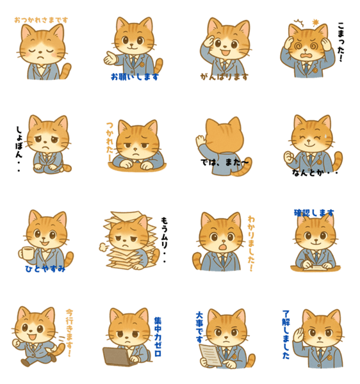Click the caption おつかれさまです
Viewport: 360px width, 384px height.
[41, 20]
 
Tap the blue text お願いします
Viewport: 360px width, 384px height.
[135, 77]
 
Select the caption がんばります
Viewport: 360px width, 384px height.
[224, 77]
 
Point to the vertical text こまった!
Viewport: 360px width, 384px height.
[341, 42]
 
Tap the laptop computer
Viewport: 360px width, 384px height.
[118, 356]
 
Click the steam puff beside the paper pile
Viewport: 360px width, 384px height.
[104, 247]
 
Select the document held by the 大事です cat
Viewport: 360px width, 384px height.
[210, 355]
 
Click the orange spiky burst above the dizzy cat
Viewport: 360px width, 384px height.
[315, 23]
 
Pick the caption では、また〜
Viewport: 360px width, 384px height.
[224, 162]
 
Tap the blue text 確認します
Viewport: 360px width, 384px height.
[314, 213]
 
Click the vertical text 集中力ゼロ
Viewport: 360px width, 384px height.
[158, 337]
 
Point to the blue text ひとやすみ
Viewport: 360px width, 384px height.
[45, 269]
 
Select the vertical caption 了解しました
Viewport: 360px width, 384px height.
[286, 335]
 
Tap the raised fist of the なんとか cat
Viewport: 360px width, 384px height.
[290, 157]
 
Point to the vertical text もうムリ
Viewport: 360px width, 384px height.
[164, 240]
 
